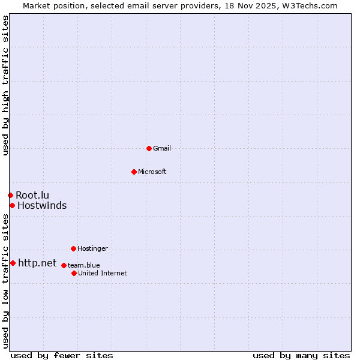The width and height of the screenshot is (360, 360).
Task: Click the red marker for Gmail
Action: point(149,148)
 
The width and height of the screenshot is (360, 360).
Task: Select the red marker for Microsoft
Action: point(134,172)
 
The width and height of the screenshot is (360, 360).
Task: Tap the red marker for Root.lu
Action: point(10,195)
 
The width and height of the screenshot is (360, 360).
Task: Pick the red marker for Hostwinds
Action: point(12,206)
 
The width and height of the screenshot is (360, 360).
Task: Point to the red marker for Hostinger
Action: point(73,248)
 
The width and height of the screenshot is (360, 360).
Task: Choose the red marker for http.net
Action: point(13,263)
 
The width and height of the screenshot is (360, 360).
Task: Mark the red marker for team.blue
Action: point(64,265)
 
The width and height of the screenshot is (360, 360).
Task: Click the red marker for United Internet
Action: point(74,273)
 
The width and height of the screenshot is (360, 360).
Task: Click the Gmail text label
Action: point(162,148)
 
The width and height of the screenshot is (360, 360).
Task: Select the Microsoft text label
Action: point(152,172)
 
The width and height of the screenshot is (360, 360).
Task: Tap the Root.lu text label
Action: point(32,195)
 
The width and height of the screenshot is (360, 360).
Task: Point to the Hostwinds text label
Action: point(42,206)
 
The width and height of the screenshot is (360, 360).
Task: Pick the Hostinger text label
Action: point(92,248)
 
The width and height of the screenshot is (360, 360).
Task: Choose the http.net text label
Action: point(37,263)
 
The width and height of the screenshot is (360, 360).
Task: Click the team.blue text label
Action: point(84,265)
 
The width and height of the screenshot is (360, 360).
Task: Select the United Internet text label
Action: point(103,273)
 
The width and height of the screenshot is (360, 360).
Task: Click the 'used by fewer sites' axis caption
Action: point(62,355)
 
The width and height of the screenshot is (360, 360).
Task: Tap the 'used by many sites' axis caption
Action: point(301,355)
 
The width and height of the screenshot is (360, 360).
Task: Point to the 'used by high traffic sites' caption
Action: point(5,85)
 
